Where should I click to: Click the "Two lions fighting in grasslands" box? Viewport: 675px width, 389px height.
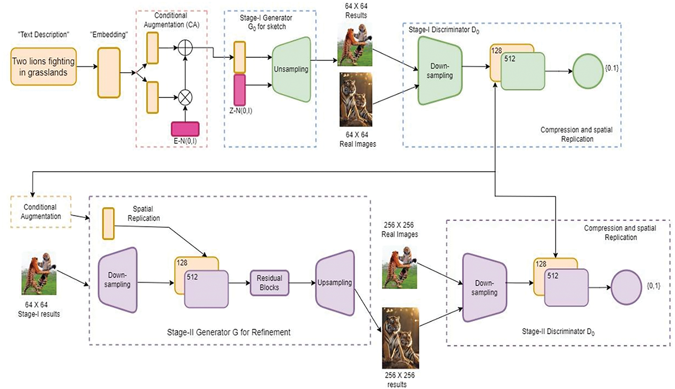(x=44, y=67)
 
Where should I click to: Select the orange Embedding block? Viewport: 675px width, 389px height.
(x=109, y=73)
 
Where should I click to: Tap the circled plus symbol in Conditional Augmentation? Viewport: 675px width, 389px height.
(x=185, y=48)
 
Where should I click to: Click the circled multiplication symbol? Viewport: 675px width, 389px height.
(x=185, y=97)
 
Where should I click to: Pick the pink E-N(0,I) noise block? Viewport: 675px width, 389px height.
(x=185, y=129)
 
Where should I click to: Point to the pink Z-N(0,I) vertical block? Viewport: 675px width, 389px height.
(x=240, y=90)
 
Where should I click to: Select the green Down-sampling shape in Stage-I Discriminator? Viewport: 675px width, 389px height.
(x=440, y=71)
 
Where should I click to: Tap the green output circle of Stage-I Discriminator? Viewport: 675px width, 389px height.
(x=588, y=71)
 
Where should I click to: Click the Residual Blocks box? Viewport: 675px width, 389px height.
(x=270, y=283)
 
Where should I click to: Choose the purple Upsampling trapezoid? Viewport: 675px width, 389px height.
(x=335, y=283)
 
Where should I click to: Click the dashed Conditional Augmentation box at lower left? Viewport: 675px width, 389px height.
(x=41, y=212)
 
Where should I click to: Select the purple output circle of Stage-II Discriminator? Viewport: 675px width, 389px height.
(x=626, y=287)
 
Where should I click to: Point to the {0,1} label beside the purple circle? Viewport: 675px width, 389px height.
(x=654, y=286)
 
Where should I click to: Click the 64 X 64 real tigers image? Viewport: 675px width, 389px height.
(x=356, y=100)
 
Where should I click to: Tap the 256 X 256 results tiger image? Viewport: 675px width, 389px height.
(x=400, y=338)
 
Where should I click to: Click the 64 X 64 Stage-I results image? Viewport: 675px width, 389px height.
(x=39, y=273)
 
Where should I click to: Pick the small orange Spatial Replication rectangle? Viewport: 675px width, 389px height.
(x=108, y=223)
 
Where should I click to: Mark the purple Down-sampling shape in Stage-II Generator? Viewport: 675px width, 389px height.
(x=118, y=280)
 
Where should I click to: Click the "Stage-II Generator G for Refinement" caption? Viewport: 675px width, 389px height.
(x=229, y=332)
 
